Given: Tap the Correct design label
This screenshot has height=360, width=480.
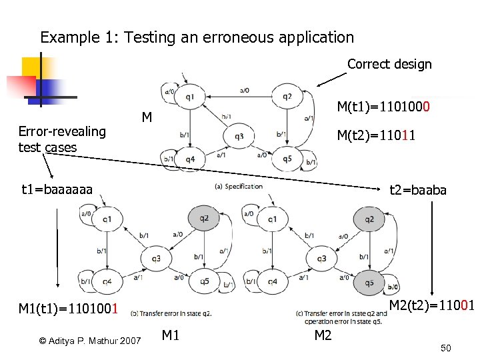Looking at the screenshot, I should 389,65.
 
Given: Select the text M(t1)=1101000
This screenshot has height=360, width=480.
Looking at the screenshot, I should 383,107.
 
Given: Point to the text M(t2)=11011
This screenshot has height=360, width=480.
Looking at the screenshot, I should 376,136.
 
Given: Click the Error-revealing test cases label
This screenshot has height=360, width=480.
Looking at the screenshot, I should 62,139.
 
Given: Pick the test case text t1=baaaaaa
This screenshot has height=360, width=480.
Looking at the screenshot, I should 57,190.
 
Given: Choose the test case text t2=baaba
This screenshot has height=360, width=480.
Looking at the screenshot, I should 417,190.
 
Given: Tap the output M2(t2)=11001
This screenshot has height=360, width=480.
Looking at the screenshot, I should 431,305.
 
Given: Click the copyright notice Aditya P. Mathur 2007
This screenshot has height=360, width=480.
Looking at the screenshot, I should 90,341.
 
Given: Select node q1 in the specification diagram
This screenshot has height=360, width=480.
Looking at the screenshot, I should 190,97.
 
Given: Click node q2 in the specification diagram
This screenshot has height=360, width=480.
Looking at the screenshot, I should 287,97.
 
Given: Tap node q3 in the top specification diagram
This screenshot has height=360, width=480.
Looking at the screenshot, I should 239,137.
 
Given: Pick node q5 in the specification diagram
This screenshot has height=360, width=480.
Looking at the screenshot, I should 287,159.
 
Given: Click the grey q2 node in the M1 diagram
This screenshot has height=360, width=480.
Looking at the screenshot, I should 204,219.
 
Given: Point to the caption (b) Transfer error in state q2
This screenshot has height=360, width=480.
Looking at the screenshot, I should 171,313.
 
